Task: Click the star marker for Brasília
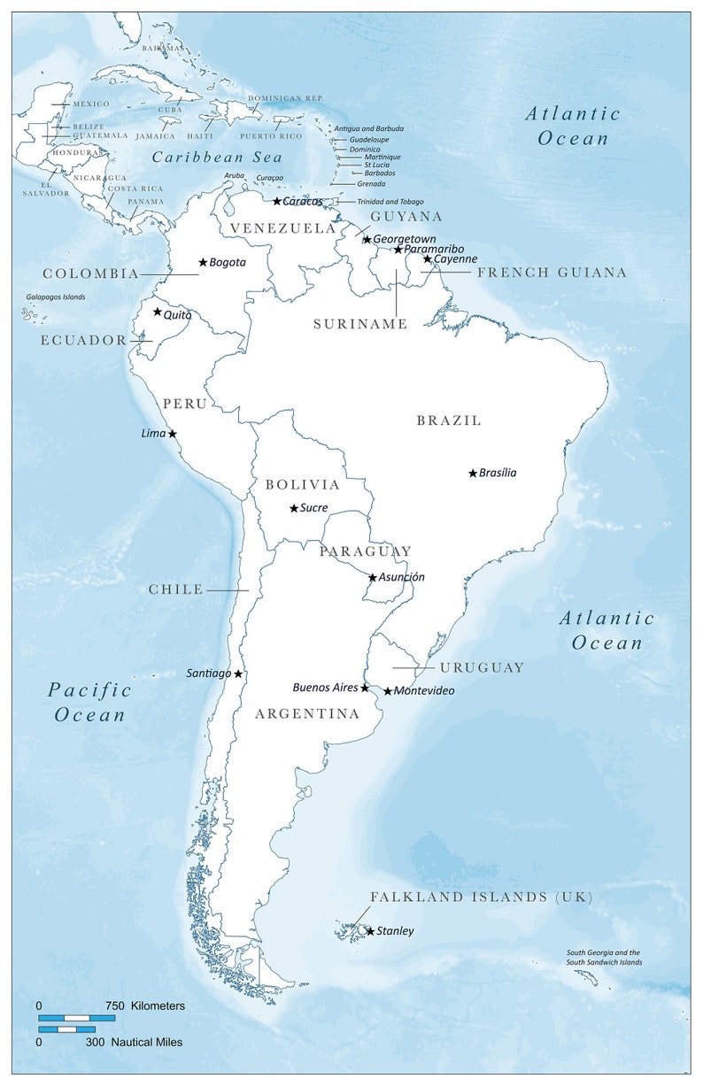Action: (473, 474)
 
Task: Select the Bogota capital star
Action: (203, 262)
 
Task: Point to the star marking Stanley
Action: (370, 931)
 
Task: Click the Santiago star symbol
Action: (238, 674)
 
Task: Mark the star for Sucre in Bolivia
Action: (294, 508)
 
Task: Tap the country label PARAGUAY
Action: (365, 551)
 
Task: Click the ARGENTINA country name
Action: (307, 713)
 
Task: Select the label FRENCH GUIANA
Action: (552, 273)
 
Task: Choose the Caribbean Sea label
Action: (217, 158)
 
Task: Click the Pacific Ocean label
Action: (89, 702)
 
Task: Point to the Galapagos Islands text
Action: (56, 297)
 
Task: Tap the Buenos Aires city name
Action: (325, 688)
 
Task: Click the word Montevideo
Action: (424, 691)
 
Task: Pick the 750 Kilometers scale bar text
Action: (146, 1006)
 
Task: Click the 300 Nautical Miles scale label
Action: (134, 1043)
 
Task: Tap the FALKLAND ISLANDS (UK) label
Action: (481, 897)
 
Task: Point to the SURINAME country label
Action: (360, 325)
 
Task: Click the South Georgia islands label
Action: (604, 958)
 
